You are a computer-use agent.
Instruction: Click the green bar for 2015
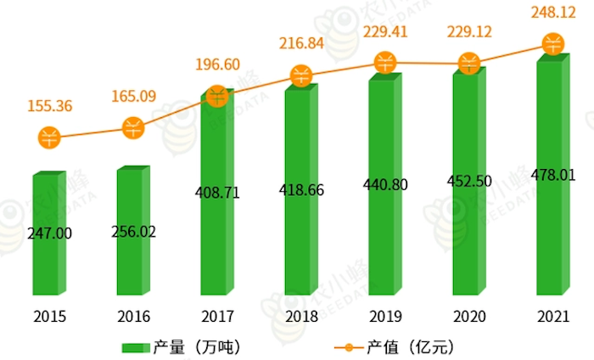(x=50, y=255)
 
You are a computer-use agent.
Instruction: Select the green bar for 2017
(x=218, y=246)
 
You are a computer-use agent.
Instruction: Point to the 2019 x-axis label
(x=385, y=316)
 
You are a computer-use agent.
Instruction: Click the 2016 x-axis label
(x=133, y=316)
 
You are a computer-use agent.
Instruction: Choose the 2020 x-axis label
(x=469, y=316)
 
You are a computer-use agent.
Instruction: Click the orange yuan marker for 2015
(x=50, y=138)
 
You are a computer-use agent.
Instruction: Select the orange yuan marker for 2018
(x=302, y=76)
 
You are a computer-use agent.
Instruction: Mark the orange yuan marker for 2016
(x=134, y=128)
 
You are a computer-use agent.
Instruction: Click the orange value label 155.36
(x=50, y=106)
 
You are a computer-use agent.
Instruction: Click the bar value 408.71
(x=218, y=193)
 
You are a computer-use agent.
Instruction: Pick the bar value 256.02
(x=134, y=231)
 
